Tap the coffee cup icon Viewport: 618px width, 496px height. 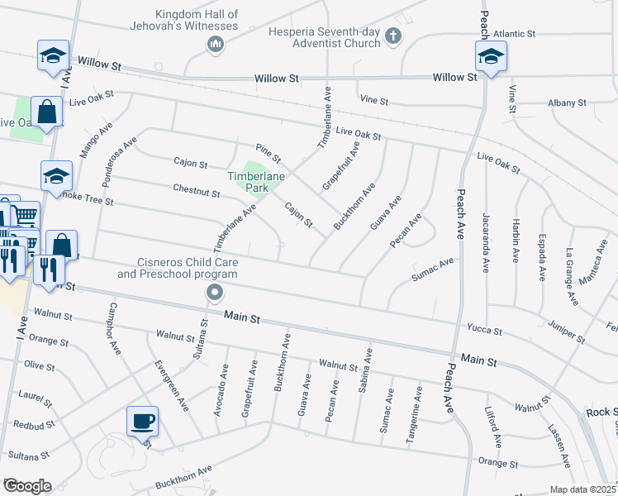coord(142,421)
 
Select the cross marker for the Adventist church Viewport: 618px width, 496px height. coord(392,36)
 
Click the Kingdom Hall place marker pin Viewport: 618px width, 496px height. coord(216,43)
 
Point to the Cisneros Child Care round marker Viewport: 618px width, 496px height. coord(215,292)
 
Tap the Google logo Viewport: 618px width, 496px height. coord(26,486)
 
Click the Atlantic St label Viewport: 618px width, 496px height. coord(514,34)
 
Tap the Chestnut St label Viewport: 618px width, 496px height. coord(197,192)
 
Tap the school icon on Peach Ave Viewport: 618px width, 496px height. coord(491,58)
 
